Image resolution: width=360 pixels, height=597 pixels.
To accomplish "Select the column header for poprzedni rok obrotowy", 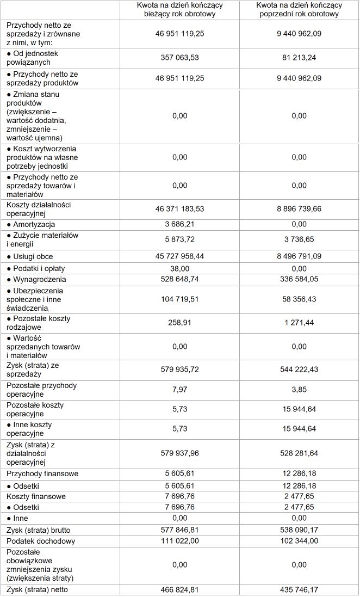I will (x=299, y=10).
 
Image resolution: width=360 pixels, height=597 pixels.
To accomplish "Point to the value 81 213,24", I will (x=299, y=58).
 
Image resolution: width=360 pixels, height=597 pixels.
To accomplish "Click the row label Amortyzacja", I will (x=34, y=224).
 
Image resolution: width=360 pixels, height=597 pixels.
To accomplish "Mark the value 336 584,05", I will (x=299, y=279).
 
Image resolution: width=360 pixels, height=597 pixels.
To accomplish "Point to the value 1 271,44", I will (x=299, y=323).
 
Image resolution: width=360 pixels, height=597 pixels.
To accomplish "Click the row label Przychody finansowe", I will (x=42, y=474).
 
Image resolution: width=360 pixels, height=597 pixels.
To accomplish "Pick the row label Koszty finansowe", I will (x=36, y=496).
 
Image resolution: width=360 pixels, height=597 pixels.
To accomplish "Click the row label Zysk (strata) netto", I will (x=37, y=589).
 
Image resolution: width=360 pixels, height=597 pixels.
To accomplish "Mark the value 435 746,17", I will (x=299, y=589).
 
